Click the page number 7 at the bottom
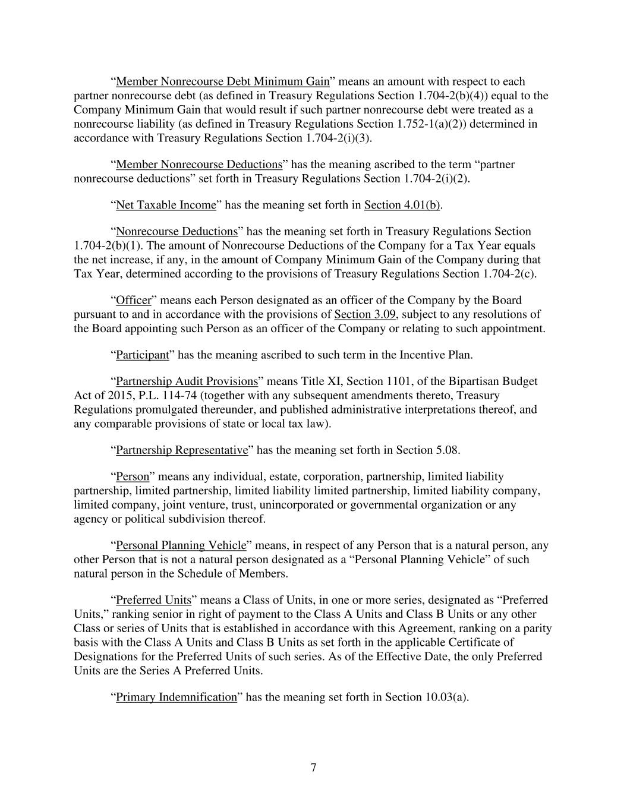(313, 768)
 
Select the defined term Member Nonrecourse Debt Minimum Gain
(222, 81)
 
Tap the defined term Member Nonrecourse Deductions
(199, 165)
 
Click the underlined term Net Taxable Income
(166, 205)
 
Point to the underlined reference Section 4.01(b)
(402, 205)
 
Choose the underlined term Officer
(133, 300)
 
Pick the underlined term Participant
(142, 355)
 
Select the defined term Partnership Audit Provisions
(187, 381)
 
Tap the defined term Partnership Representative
(181, 450)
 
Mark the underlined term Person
(132, 476)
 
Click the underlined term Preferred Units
(153, 600)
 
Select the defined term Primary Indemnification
(176, 697)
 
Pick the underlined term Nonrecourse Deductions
(177, 231)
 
